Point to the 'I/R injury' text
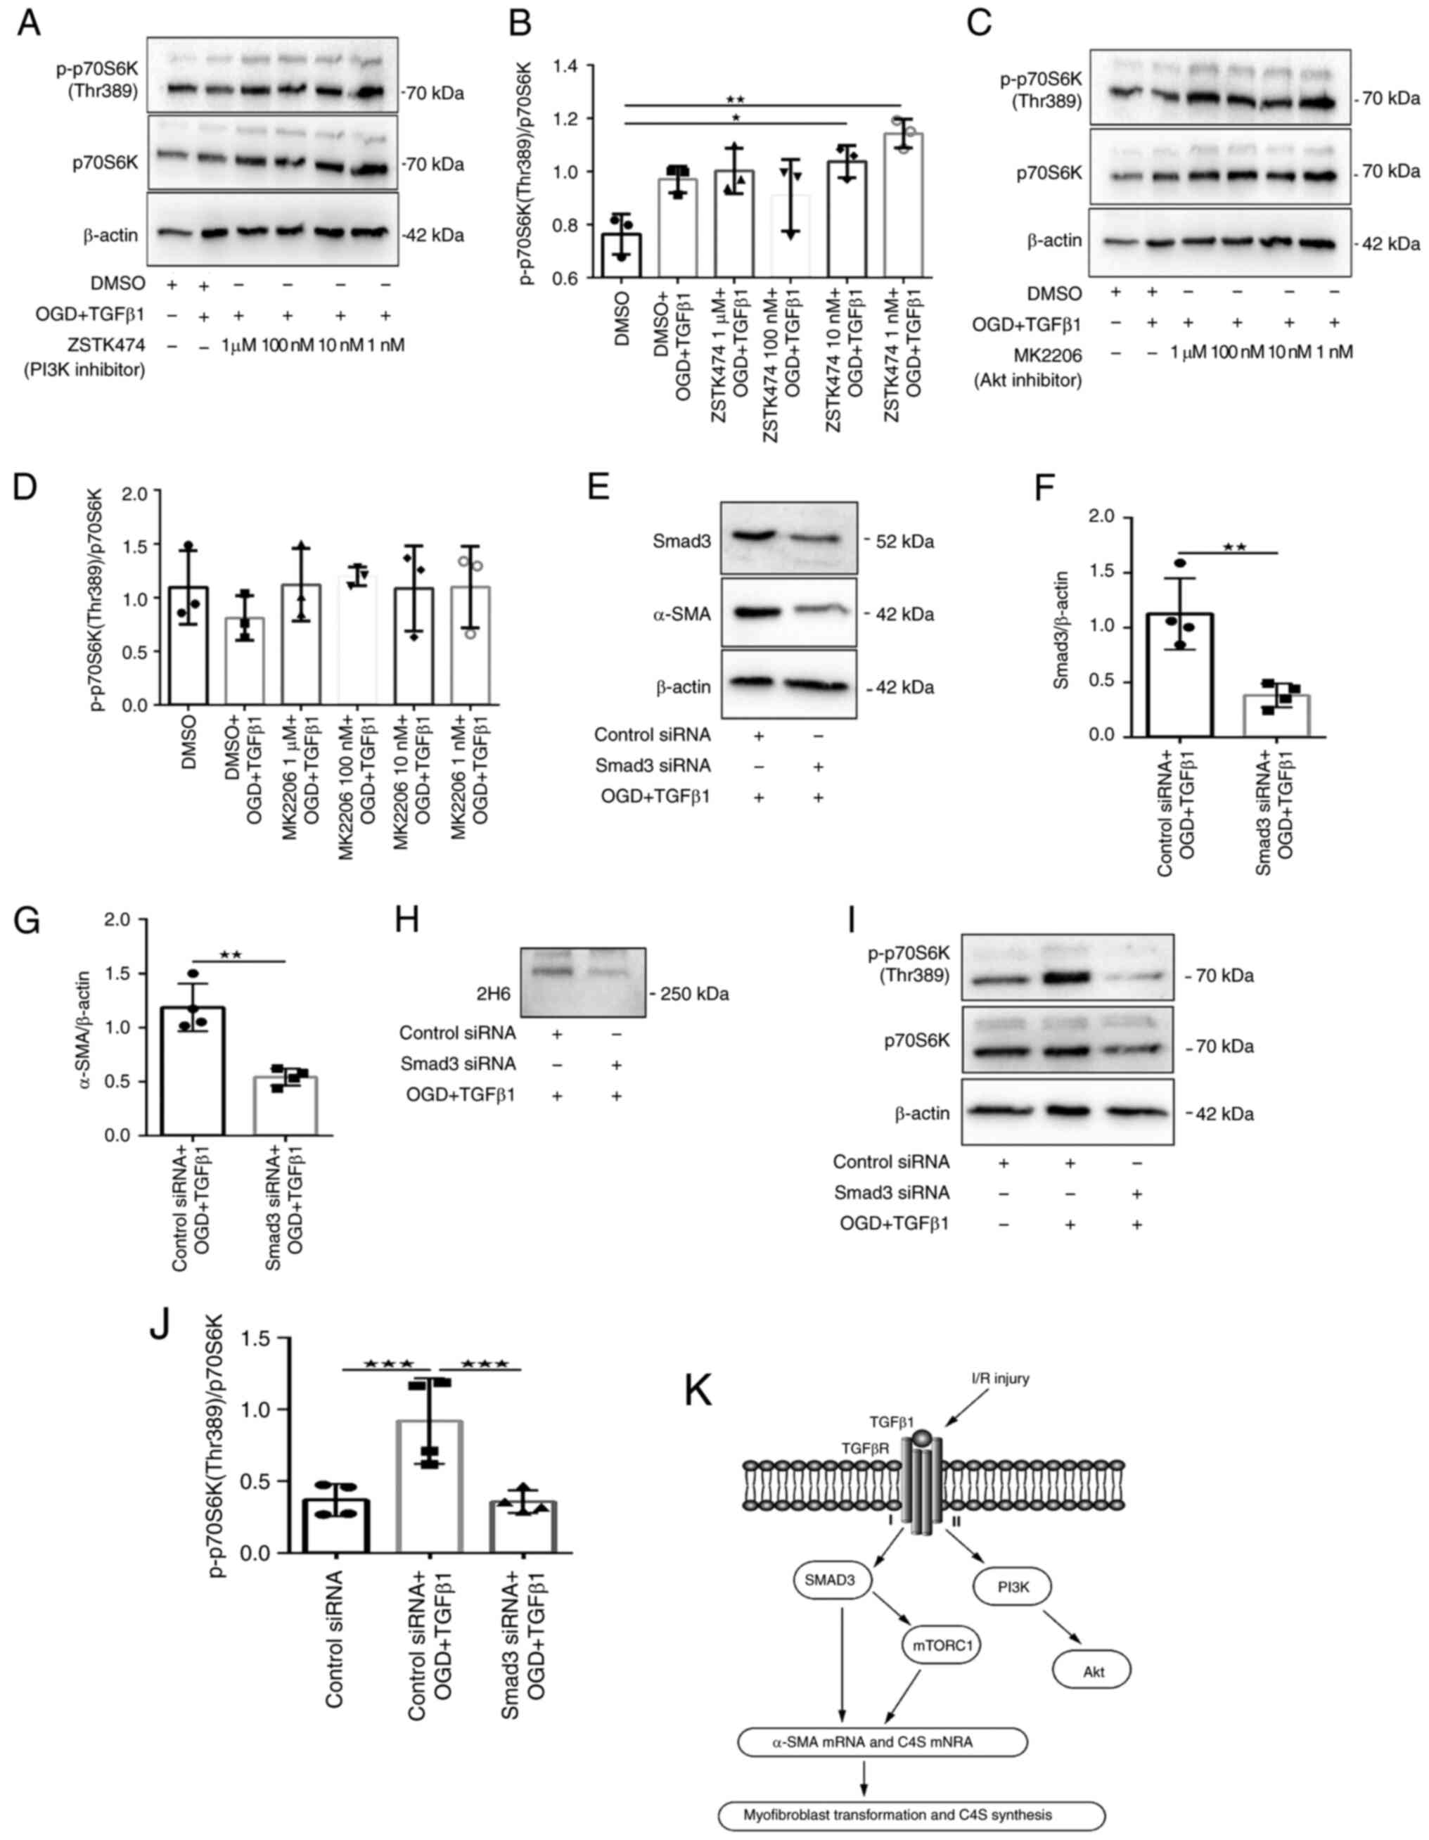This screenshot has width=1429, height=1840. pyautogui.click(x=998, y=1379)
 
